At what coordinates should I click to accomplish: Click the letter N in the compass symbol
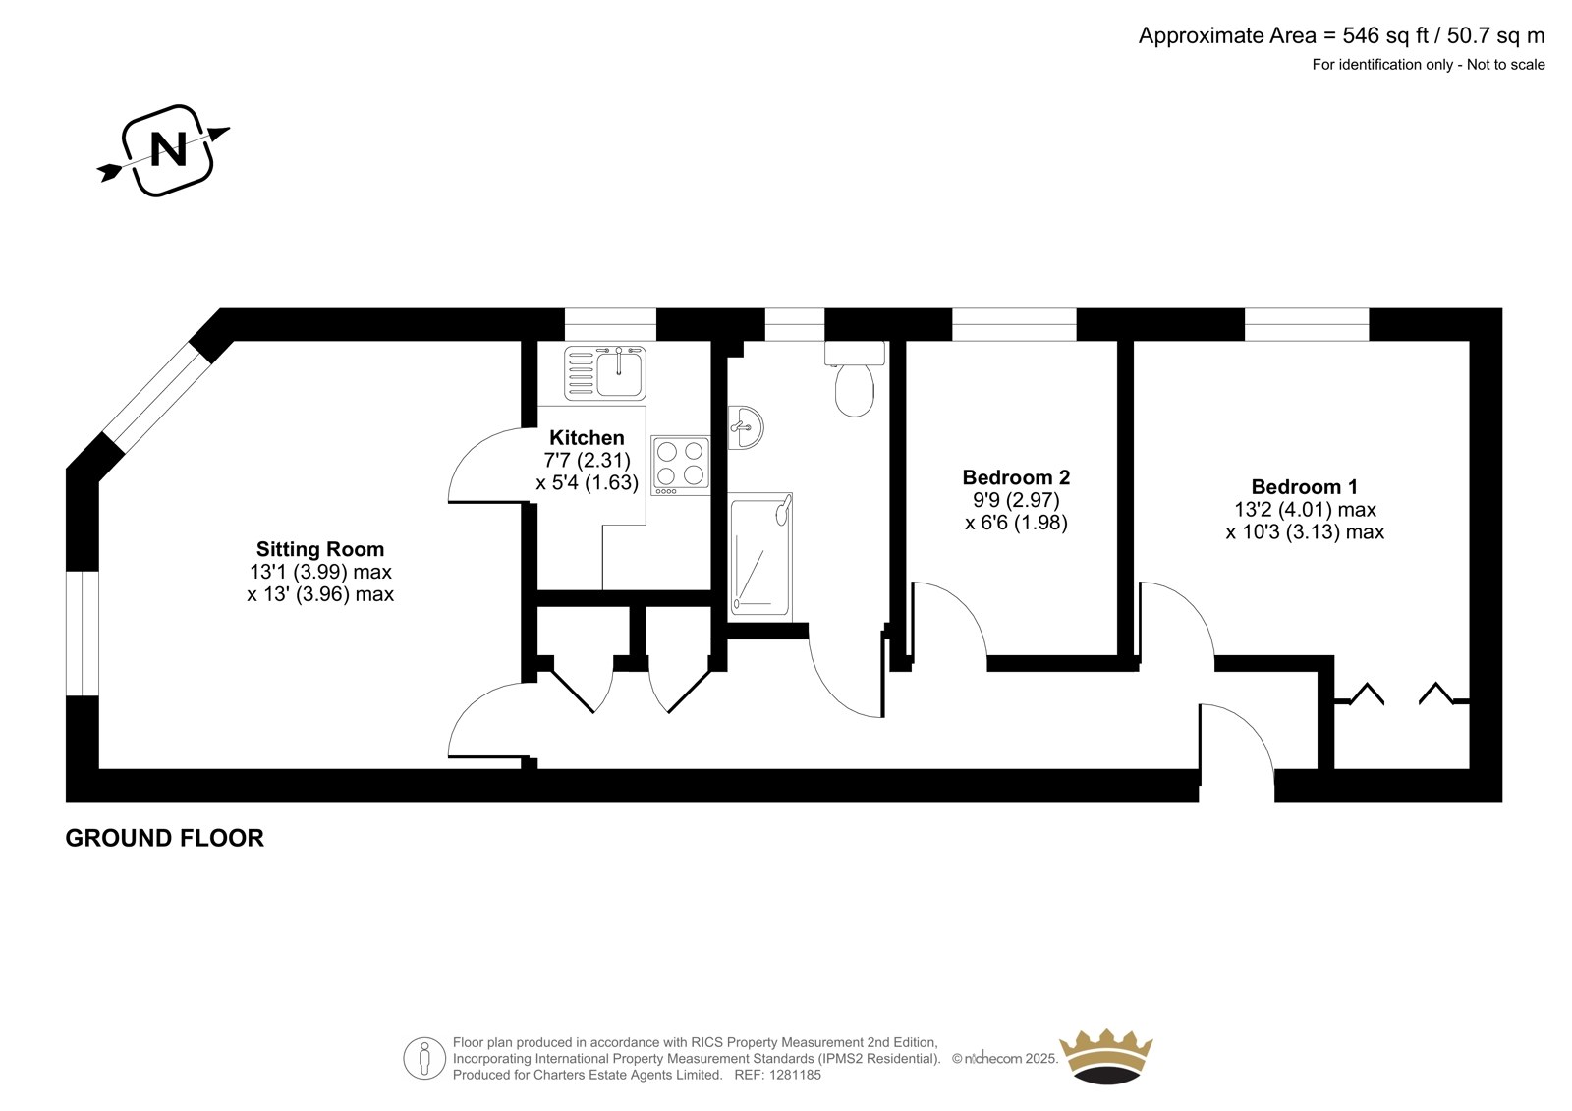tap(168, 149)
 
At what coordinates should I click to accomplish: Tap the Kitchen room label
tap(587, 438)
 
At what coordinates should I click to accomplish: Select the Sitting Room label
tap(320, 549)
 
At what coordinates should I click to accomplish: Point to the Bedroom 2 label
tap(1016, 477)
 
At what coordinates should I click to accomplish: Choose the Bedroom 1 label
tap(1305, 486)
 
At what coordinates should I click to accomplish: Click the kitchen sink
tap(605, 372)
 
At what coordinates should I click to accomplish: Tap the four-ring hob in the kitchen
tap(680, 466)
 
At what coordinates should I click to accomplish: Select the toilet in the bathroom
tap(854, 378)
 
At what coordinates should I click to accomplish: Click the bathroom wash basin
tap(745, 426)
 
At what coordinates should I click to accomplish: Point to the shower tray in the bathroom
tap(760, 557)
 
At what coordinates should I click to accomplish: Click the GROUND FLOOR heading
tap(164, 838)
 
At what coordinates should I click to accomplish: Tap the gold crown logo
tap(1106, 1056)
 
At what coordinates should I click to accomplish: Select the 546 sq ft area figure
tap(1386, 35)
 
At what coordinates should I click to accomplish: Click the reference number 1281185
tap(794, 1075)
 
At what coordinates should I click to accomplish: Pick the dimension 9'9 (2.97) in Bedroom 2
tap(1016, 500)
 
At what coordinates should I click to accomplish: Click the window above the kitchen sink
tap(610, 324)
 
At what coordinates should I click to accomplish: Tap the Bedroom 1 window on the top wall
tap(1307, 324)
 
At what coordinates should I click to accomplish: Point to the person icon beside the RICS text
tap(424, 1058)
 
